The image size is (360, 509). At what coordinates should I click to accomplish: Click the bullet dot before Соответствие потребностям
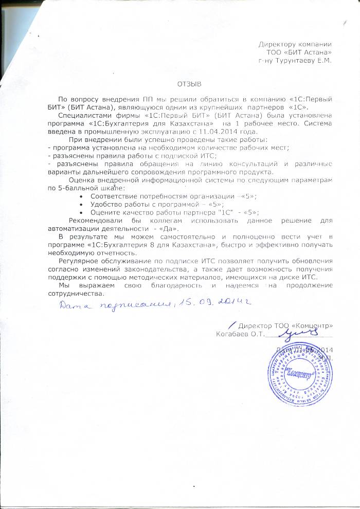click(83, 197)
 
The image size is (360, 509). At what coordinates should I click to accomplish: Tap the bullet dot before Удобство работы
click(83, 205)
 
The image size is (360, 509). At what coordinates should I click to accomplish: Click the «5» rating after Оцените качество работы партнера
click(250, 212)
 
